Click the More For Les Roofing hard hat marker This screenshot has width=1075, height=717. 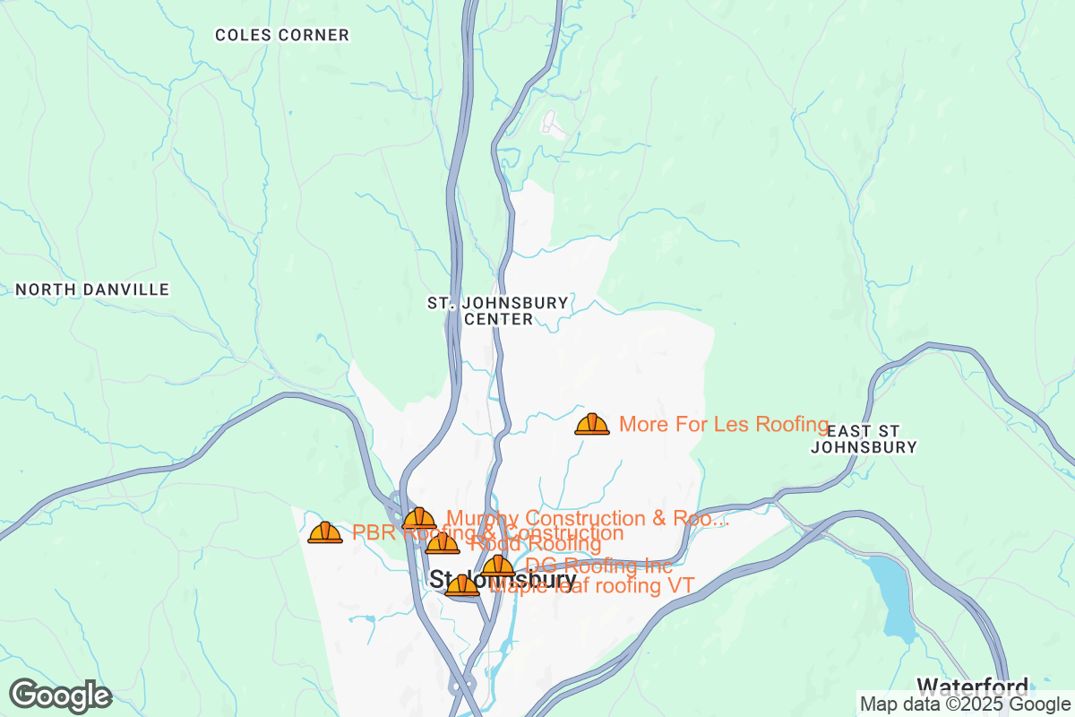click(591, 424)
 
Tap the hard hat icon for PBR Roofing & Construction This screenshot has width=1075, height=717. click(324, 532)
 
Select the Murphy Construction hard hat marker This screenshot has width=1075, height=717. click(418, 519)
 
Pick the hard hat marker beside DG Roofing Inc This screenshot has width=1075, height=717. click(498, 566)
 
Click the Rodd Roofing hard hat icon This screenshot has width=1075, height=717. click(443, 543)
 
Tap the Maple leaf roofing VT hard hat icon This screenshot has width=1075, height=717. click(462, 586)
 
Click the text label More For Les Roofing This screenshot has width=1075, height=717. click(724, 424)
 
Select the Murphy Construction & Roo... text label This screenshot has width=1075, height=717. click(588, 518)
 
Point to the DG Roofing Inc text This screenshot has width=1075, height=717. click(598, 566)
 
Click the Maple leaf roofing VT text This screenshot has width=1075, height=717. click(593, 587)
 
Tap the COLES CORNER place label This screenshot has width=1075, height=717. click(282, 36)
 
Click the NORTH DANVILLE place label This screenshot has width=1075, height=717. click(92, 289)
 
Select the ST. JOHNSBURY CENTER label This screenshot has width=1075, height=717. click(498, 311)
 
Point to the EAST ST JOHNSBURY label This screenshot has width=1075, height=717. click(864, 438)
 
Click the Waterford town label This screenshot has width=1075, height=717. click(972, 687)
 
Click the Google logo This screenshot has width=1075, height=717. click(61, 695)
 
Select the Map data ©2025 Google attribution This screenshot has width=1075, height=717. click(965, 704)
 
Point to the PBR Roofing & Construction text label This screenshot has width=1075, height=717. click(487, 533)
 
